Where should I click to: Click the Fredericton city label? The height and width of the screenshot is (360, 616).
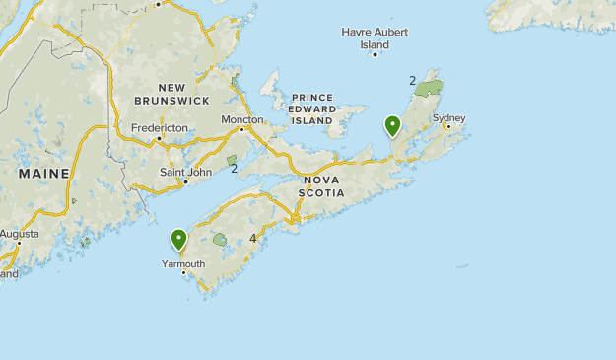tap(160, 128)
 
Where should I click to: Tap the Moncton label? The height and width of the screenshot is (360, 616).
tap(242, 119)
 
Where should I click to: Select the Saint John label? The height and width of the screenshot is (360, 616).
tap(185, 172)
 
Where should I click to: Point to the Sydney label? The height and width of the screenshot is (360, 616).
tap(448, 118)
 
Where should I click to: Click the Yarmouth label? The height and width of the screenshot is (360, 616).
tap(183, 263)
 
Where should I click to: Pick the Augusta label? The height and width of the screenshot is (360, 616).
tap(19, 234)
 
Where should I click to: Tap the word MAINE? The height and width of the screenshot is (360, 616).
tap(43, 174)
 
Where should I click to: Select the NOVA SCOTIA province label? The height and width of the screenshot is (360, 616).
tap(324, 186)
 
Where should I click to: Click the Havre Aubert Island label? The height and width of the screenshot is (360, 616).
tap(375, 37)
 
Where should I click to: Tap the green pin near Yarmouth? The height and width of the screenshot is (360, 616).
tap(179, 239)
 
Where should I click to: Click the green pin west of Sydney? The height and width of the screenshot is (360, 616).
tap(392, 125)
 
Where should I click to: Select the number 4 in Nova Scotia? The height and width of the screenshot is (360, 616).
tap(253, 238)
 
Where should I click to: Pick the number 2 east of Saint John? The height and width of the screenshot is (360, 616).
tap(235, 168)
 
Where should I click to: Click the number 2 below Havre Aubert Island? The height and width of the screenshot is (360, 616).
tap(412, 80)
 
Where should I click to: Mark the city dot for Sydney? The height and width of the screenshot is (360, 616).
tap(448, 127)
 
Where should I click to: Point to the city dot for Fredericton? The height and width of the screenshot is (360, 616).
tap(159, 138)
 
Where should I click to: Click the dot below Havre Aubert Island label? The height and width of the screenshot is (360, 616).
tap(375, 54)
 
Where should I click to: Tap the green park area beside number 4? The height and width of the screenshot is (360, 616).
tap(219, 239)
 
